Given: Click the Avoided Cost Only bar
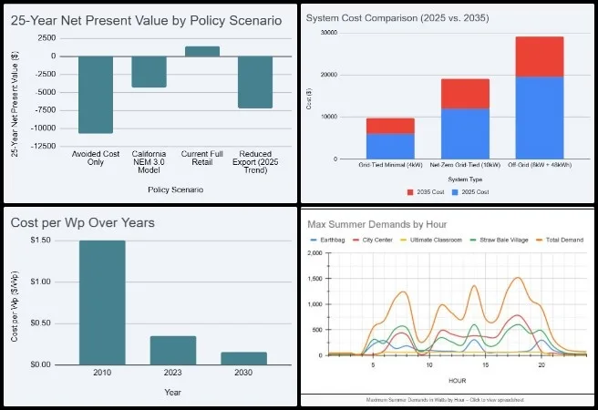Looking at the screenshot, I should pos(96,94).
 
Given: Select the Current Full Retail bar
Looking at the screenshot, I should pos(201,51).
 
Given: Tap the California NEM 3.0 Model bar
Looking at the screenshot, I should pos(149,71).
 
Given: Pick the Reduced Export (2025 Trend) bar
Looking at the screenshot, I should pos(255,82).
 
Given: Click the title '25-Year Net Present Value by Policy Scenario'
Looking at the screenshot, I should pos(146,19).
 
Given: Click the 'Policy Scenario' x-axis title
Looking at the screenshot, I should pos(176,190).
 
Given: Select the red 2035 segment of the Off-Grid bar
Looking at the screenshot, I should pos(552,56).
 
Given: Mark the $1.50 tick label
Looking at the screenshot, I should pos(43,241).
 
